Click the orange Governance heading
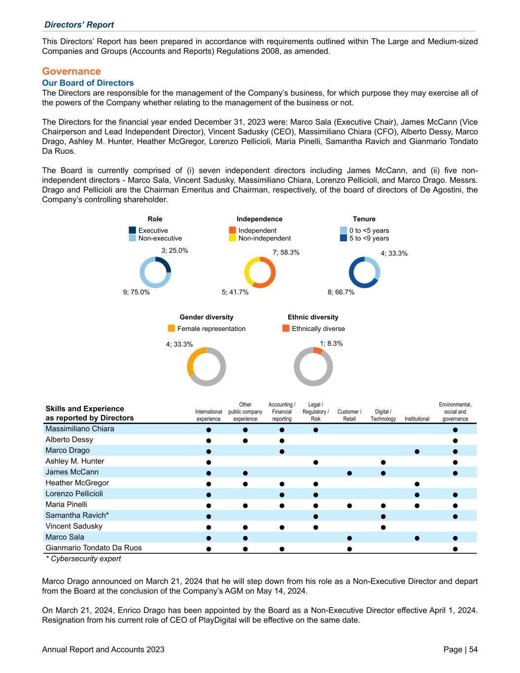pos(71,71)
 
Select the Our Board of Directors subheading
pos(88,83)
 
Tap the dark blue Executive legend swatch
pos(132,230)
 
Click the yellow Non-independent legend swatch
pos(233,238)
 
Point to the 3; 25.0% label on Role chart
pos(174,250)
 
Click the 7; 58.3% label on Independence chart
pos(286,252)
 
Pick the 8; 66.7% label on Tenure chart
pos(341,292)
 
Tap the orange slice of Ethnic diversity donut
pos(318,351)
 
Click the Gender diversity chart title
pos(207,317)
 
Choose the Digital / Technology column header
pos(383,415)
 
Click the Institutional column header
pos(416,419)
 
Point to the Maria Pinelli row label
pos(66,504)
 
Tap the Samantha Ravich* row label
pos(77,515)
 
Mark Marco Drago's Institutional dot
pos(417,451)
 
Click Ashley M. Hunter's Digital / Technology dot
pos(383,462)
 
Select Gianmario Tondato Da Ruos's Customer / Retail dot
pos(349,548)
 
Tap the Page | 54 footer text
pos(460,649)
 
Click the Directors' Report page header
pos(79,25)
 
